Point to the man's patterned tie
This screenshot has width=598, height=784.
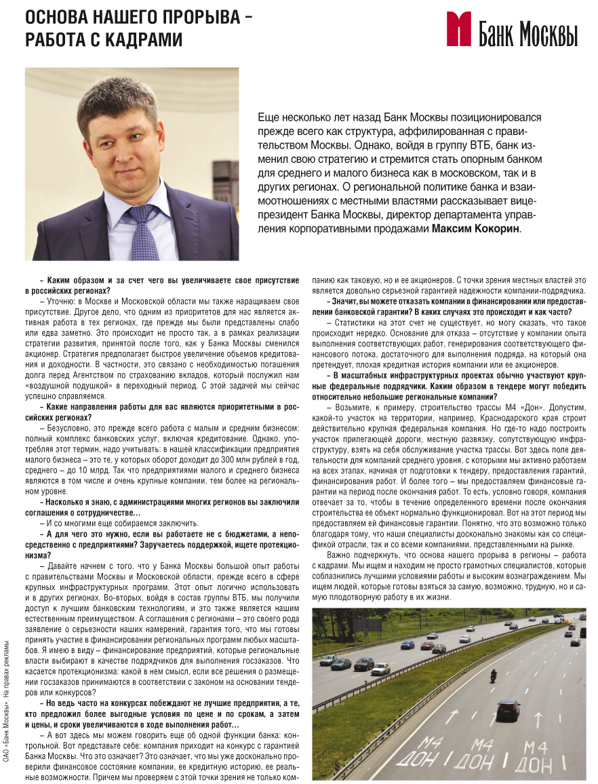click(144, 234)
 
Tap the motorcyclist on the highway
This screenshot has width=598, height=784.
click(493, 676)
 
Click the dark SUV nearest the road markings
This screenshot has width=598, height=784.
click(508, 709)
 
